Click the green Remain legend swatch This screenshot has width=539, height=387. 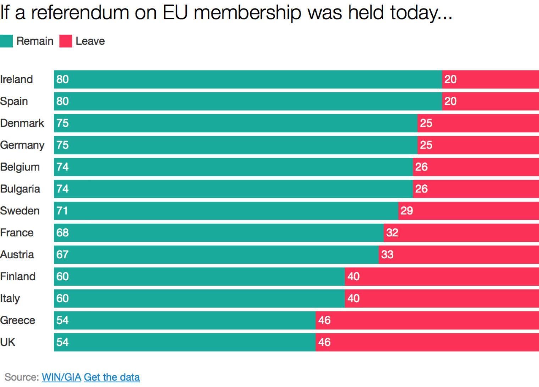6,41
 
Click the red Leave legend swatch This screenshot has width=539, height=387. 66,41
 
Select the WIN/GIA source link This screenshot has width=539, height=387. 61,377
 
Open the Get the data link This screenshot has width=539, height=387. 112,377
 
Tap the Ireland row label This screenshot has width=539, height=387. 16,79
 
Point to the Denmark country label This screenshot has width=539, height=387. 22,123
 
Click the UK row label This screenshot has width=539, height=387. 8,342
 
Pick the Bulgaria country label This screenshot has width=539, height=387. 20,189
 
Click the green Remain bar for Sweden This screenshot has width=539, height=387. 227,211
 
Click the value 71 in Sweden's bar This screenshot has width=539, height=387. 62,211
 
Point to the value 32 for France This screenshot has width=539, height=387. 392,233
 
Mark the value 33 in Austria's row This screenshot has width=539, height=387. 387,255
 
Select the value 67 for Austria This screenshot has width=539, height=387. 62,255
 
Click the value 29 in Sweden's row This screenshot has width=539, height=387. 407,211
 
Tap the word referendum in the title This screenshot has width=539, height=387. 80,13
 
